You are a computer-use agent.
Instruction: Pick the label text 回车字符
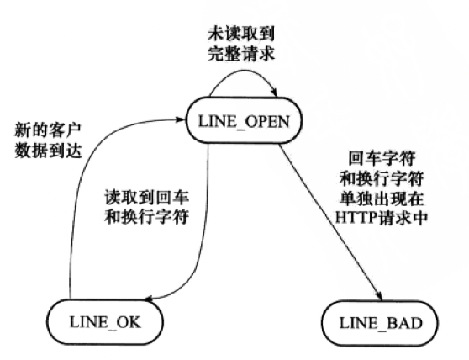pos(376,157)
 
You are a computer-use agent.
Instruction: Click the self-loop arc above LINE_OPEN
pos(244,74)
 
